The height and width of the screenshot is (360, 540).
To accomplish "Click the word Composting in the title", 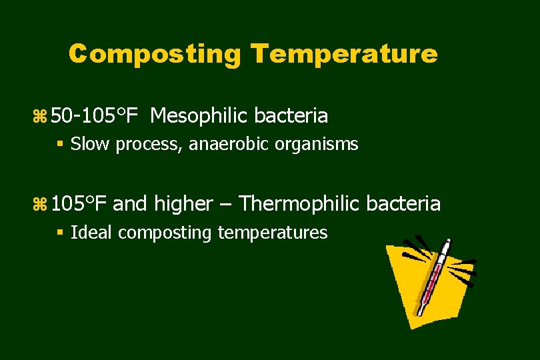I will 155,54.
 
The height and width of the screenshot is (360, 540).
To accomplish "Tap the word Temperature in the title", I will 344,54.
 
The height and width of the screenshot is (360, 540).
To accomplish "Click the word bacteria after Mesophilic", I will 293,116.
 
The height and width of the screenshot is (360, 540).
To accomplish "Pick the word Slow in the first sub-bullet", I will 91,143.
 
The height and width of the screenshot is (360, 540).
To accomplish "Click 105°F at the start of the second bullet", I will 79,203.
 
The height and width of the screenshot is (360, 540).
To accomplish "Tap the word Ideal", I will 91,232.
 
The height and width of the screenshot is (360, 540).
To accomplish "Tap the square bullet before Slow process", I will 61,144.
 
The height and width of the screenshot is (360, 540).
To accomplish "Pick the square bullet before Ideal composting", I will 61,233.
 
